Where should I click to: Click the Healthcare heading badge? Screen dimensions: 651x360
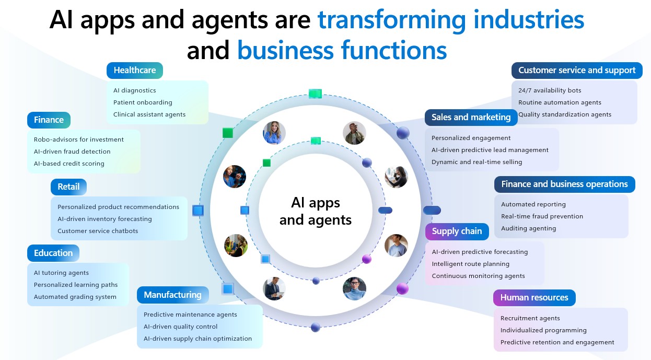(x=135, y=71)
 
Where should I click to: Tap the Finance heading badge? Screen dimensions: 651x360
(x=49, y=120)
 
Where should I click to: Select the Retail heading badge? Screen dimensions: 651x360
(x=68, y=187)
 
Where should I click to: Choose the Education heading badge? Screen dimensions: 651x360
(x=53, y=253)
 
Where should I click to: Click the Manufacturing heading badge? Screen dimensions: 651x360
(x=173, y=295)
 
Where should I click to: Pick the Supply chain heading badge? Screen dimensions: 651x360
(x=457, y=231)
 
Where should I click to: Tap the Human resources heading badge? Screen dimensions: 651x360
(x=534, y=297)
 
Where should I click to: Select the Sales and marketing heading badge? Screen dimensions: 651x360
(x=471, y=118)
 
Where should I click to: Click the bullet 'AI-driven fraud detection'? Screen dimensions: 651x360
(x=72, y=152)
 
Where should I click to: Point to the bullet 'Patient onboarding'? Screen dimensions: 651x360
(x=143, y=102)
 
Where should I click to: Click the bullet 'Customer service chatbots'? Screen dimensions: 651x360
(x=98, y=231)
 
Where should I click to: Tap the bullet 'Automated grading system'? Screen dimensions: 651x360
(x=75, y=297)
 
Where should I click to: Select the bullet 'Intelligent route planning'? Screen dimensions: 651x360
(x=471, y=264)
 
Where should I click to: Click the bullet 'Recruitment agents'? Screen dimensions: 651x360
(x=530, y=318)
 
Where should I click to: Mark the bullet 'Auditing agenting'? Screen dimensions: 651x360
(x=528, y=228)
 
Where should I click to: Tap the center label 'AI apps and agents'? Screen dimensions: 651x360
(x=316, y=211)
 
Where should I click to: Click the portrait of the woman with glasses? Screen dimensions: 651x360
(x=354, y=288)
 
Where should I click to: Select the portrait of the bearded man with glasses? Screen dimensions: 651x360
(x=354, y=133)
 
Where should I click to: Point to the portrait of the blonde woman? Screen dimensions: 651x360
(x=274, y=133)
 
